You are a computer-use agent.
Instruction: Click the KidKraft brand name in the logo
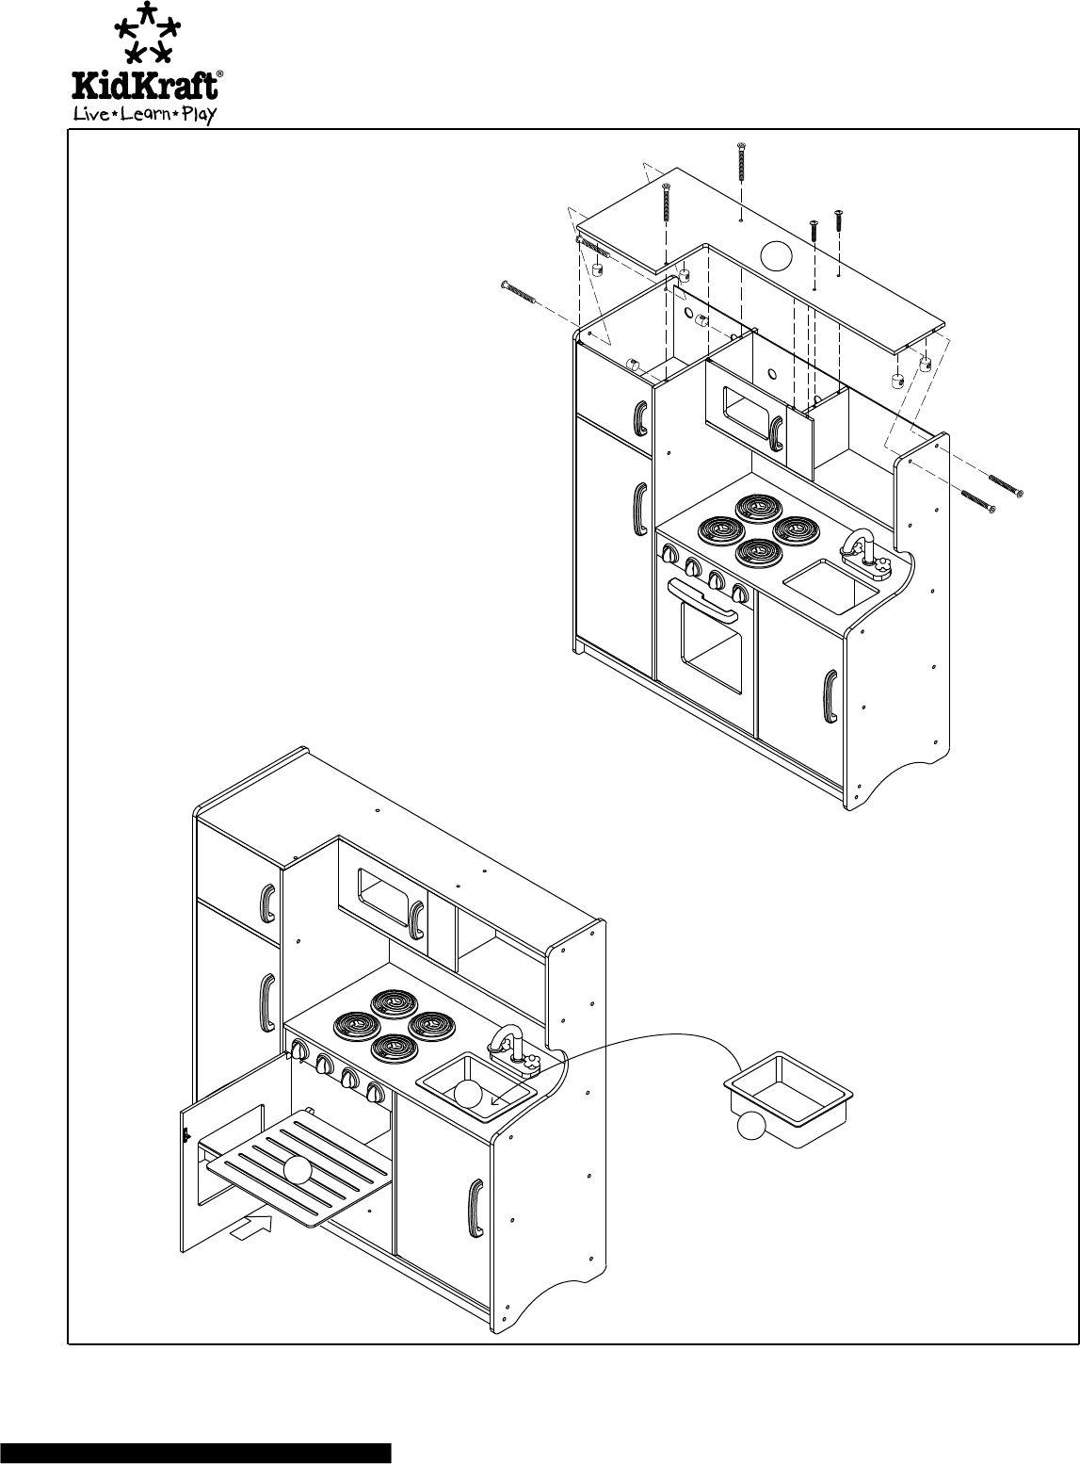point(149,85)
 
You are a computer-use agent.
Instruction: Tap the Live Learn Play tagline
point(146,115)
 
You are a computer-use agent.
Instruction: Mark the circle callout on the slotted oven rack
point(298,1169)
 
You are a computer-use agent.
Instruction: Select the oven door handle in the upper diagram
point(701,605)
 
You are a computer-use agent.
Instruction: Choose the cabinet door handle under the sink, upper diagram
point(830,695)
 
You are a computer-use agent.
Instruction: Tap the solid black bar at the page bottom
point(196,1452)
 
